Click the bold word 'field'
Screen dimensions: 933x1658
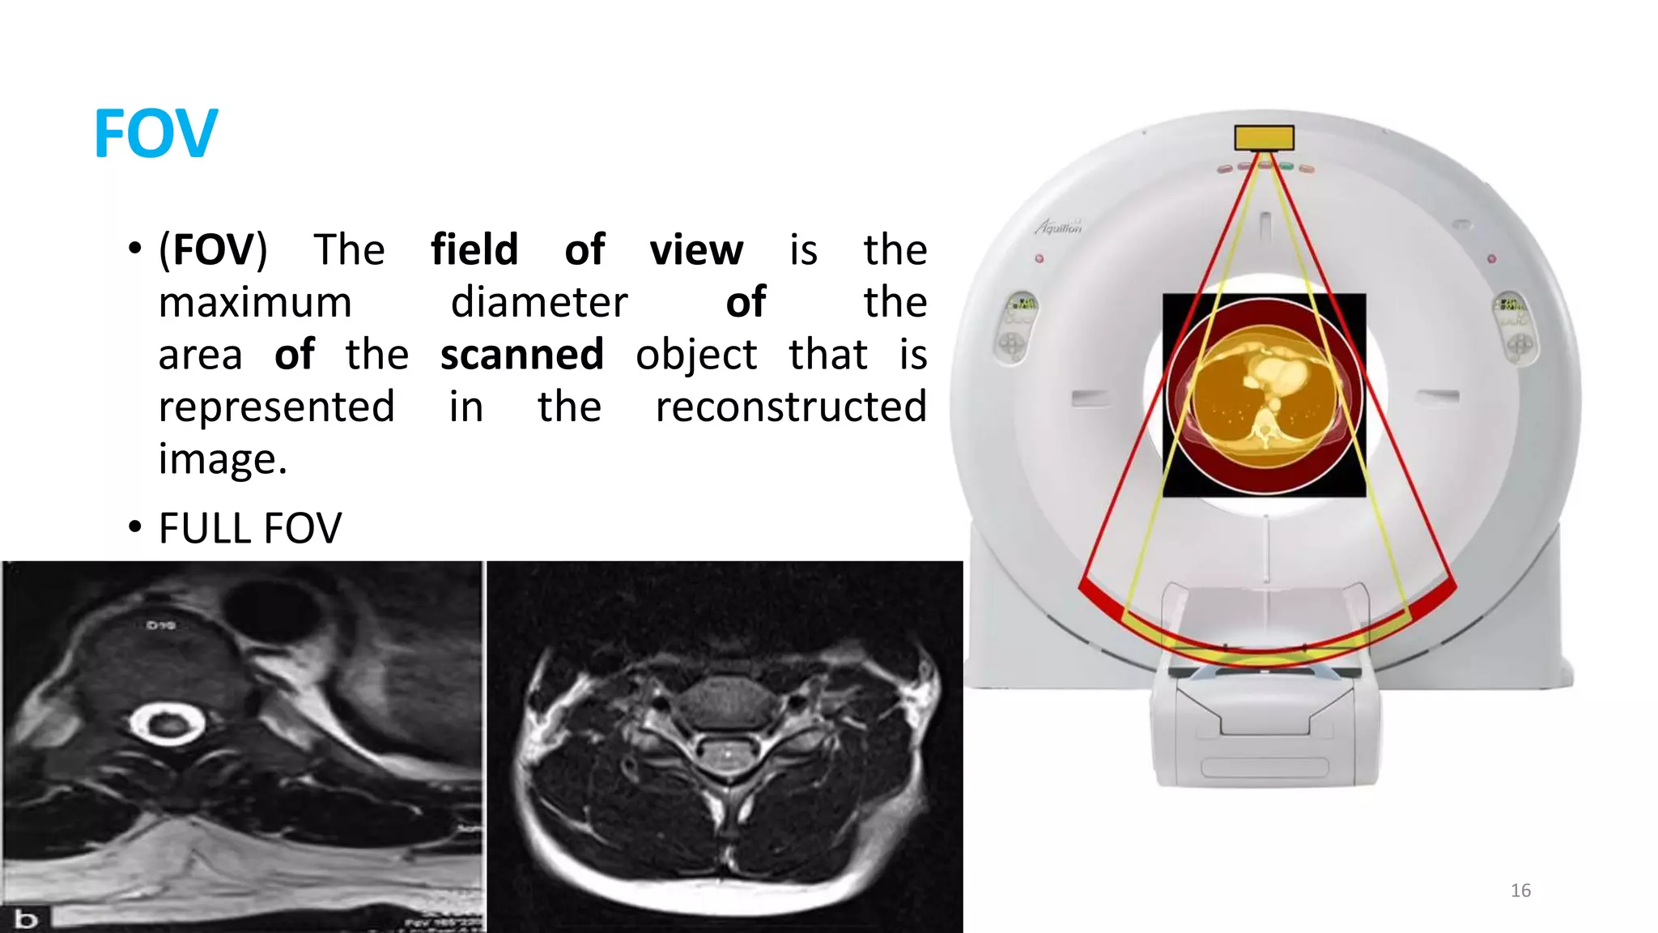[474, 249]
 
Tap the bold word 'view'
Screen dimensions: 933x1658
[696, 249]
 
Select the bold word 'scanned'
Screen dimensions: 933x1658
[522, 354]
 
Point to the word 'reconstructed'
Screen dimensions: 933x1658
[790, 406]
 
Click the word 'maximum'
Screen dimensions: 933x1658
[255, 302]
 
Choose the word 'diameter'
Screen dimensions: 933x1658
[539, 302]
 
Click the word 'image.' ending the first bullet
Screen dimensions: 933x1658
[223, 459]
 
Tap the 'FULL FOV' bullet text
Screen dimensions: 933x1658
[250, 528]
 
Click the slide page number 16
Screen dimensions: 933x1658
[1520, 890]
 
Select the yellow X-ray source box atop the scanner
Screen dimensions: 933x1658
[1264, 138]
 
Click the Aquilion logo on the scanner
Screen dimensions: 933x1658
[1059, 227]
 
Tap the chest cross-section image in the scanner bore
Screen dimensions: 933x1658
[1264, 395]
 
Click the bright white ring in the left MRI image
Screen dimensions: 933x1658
[167, 723]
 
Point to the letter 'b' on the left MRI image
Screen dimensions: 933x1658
[26, 918]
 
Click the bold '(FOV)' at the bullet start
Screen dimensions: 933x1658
[213, 249]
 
